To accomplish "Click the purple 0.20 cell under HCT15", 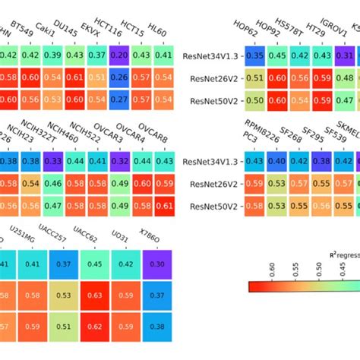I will pos(119,55).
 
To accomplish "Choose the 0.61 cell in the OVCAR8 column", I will pos(164,205).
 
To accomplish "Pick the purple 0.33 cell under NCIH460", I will pos(53,161).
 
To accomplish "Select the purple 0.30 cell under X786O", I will pos(156,264).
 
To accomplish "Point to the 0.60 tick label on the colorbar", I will pos(272,267).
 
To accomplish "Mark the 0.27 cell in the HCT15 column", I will pos(119,99).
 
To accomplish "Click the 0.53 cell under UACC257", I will pos(64,295).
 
